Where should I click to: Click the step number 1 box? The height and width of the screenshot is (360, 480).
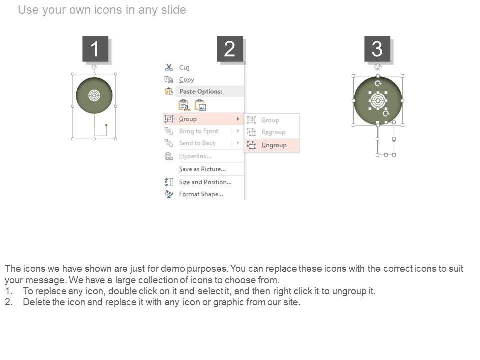click(x=95, y=48)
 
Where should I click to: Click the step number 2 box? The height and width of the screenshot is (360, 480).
click(x=230, y=48)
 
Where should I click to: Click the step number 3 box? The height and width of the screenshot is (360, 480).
click(x=377, y=48)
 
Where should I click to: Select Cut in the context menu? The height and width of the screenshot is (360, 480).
click(x=184, y=67)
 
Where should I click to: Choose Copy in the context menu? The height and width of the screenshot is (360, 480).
click(x=186, y=80)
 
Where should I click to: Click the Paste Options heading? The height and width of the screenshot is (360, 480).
click(x=201, y=91)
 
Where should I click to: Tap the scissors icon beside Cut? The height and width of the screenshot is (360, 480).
click(x=169, y=67)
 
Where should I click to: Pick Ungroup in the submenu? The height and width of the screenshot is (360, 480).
click(x=274, y=145)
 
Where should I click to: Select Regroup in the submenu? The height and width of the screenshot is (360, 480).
click(x=273, y=132)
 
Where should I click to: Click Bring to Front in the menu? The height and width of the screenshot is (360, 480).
click(x=199, y=131)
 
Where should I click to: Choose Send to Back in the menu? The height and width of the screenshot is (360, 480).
click(x=197, y=143)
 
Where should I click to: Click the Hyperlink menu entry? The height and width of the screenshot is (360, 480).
click(x=195, y=156)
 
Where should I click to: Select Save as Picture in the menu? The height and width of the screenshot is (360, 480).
click(x=202, y=169)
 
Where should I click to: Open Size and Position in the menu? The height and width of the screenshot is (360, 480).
click(x=205, y=182)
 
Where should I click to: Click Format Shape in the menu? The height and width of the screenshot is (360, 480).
click(x=201, y=194)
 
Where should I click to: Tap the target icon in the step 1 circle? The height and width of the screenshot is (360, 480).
click(x=94, y=95)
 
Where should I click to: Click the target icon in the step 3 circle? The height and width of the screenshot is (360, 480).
click(x=378, y=100)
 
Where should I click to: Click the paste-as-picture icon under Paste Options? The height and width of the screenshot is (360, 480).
click(x=200, y=105)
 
